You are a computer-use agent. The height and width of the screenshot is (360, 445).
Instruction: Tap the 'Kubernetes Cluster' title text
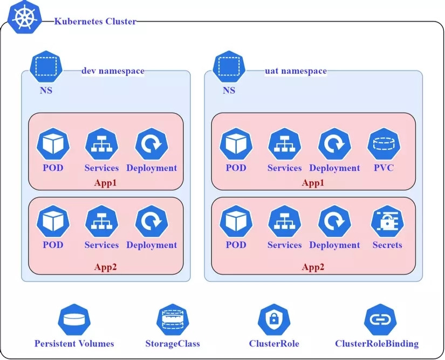(95, 22)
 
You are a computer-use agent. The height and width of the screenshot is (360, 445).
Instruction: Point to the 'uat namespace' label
(296, 71)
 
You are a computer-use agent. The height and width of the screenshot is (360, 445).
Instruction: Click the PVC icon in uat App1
(384, 144)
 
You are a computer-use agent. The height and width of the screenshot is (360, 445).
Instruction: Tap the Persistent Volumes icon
(74, 320)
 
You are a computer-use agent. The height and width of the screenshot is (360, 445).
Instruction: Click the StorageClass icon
(173, 320)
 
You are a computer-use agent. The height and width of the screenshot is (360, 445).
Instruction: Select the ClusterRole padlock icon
(274, 320)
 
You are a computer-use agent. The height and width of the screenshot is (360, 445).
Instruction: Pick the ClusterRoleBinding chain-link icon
(380, 320)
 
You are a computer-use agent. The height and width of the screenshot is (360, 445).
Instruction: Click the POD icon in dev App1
(53, 144)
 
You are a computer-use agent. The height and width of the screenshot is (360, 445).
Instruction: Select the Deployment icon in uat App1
(334, 144)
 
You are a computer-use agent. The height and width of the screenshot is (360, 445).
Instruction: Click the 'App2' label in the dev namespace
(105, 267)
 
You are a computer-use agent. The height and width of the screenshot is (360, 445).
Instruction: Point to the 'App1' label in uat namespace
(313, 183)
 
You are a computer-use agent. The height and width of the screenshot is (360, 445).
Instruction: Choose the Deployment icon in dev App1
(152, 144)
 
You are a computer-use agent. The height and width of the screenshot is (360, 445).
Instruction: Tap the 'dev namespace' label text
(113, 71)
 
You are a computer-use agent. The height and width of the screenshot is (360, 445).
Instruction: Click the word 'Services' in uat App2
(284, 245)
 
